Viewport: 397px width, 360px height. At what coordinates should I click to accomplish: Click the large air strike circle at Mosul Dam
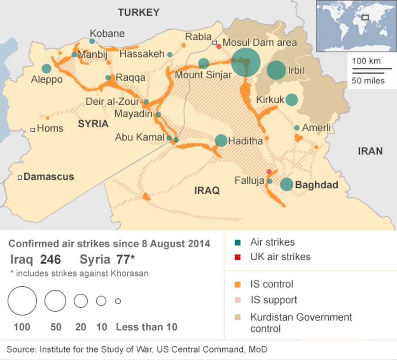(246, 63)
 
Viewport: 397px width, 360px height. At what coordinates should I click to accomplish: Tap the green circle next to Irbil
(276, 70)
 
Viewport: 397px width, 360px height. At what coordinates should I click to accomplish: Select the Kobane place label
(107, 33)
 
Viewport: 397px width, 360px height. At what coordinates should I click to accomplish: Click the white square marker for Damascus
(19, 177)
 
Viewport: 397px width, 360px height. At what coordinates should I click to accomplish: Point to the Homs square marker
(33, 129)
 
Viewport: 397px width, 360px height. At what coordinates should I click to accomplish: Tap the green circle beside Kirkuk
(292, 100)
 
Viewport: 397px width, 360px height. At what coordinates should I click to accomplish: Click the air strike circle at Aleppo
(47, 69)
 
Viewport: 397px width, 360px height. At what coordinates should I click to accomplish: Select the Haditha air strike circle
(221, 140)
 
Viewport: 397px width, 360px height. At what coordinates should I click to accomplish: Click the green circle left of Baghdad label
(286, 184)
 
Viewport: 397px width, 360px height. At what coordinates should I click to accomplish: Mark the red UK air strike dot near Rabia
(219, 46)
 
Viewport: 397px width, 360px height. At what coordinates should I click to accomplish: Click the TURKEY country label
(139, 13)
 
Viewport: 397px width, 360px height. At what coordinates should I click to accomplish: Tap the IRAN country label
(370, 151)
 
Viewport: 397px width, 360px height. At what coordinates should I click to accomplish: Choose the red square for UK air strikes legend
(238, 257)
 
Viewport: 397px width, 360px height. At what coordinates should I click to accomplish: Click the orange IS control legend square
(238, 284)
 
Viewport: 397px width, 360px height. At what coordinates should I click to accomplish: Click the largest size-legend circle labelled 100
(22, 301)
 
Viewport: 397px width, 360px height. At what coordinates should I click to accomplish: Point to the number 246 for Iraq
(50, 260)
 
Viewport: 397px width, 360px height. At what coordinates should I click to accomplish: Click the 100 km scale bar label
(366, 61)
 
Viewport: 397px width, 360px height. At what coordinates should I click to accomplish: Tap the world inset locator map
(356, 26)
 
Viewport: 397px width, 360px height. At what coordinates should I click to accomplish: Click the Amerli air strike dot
(297, 128)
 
